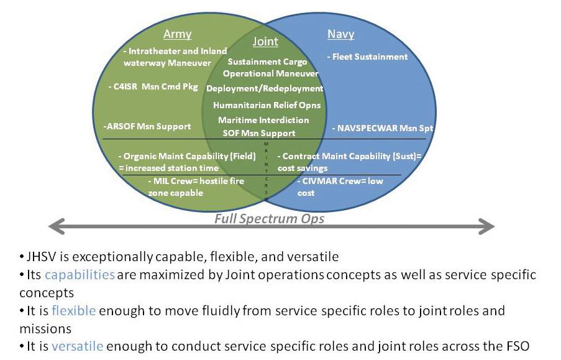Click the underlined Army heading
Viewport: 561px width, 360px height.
pyautogui.click(x=177, y=34)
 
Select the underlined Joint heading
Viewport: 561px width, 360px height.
pyautogui.click(x=265, y=42)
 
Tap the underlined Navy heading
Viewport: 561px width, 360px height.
pyautogui.click(x=341, y=34)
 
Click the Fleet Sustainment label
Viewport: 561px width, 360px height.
pyautogui.click(x=368, y=57)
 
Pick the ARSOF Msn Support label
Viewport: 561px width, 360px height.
pyautogui.click(x=147, y=126)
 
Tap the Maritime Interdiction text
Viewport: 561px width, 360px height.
pyautogui.click(x=263, y=120)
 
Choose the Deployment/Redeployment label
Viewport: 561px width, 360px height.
pyautogui.click(x=265, y=89)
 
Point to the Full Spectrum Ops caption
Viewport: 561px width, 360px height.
pyautogui.click(x=269, y=219)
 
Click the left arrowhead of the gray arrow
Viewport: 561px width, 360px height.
pyautogui.click(x=56, y=226)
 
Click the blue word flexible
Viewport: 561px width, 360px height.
pyautogui.click(x=73, y=310)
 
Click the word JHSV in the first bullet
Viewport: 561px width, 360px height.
pyautogui.click(x=42, y=257)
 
